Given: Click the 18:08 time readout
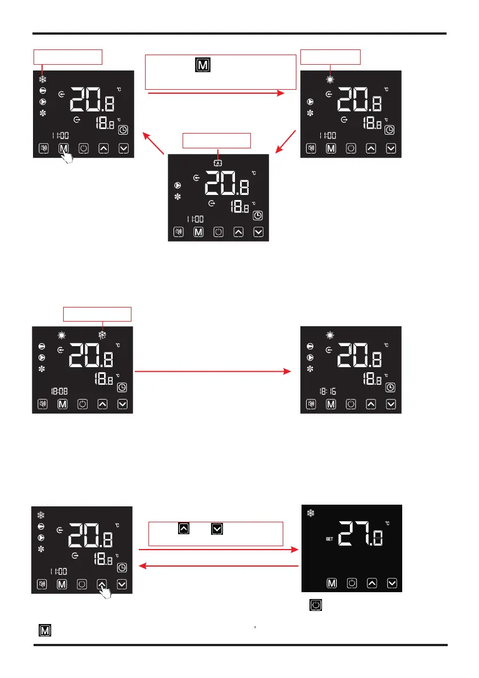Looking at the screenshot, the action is click(60, 391).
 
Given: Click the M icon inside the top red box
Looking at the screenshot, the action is click(203, 66).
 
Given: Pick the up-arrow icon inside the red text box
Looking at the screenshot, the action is click(184, 529).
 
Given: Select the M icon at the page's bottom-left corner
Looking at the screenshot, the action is click(43, 630).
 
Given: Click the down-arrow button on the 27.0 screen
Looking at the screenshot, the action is click(391, 583).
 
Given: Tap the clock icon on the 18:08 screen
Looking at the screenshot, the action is click(123, 388).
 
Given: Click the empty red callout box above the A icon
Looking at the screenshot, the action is click(216, 140).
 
